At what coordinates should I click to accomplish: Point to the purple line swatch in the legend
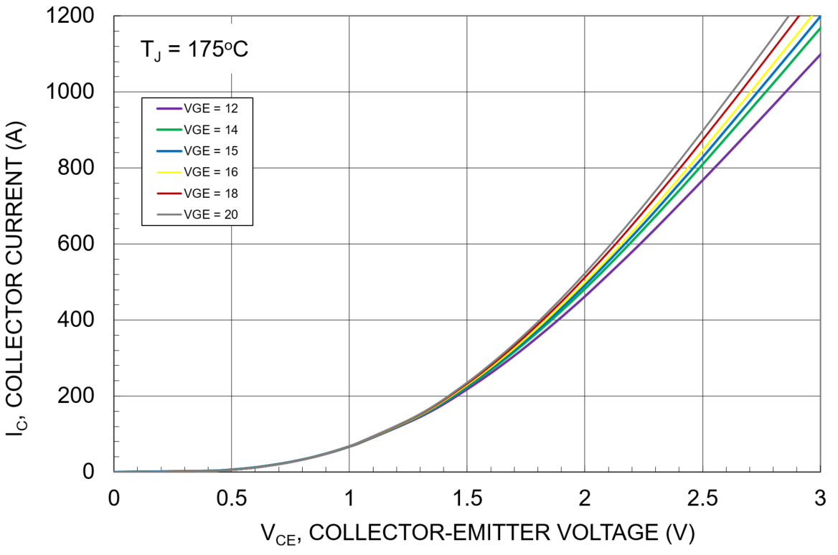167,109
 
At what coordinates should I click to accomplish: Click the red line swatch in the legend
167,193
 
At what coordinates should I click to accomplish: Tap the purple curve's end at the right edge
819,55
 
